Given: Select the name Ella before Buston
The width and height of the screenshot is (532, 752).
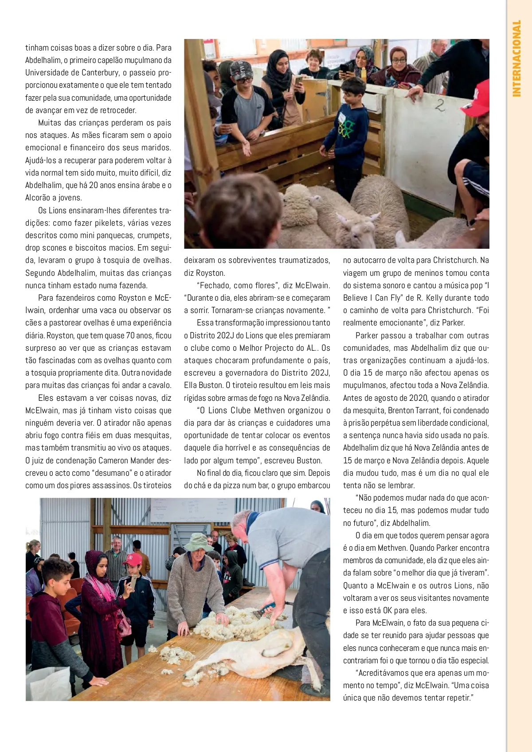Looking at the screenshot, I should (x=191, y=385).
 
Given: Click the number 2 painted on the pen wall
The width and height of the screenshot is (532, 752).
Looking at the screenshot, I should (x=439, y=106).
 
